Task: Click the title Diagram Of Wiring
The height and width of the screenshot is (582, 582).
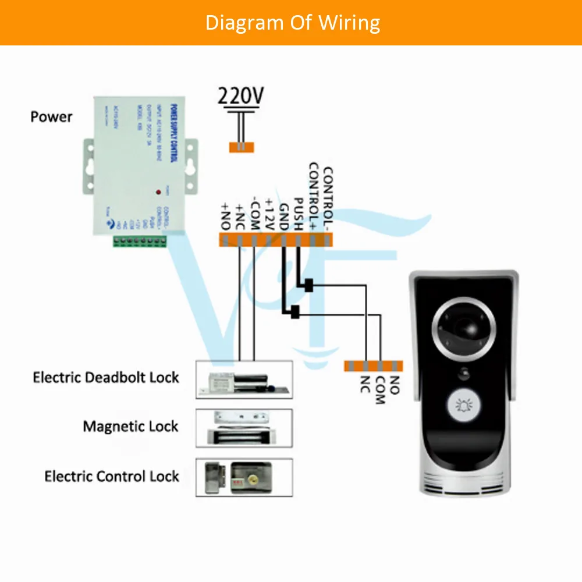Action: [x=292, y=22]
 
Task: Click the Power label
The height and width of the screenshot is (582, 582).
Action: [x=51, y=116]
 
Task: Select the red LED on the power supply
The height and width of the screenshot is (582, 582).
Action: [x=158, y=191]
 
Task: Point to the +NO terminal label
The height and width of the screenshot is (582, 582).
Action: [x=225, y=216]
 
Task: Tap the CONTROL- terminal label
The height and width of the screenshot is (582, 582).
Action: [x=328, y=197]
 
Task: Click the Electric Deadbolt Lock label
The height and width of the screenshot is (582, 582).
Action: [x=106, y=377]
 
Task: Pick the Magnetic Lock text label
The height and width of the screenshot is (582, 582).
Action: [x=130, y=426]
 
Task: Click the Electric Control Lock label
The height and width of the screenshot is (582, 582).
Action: [x=112, y=476]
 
